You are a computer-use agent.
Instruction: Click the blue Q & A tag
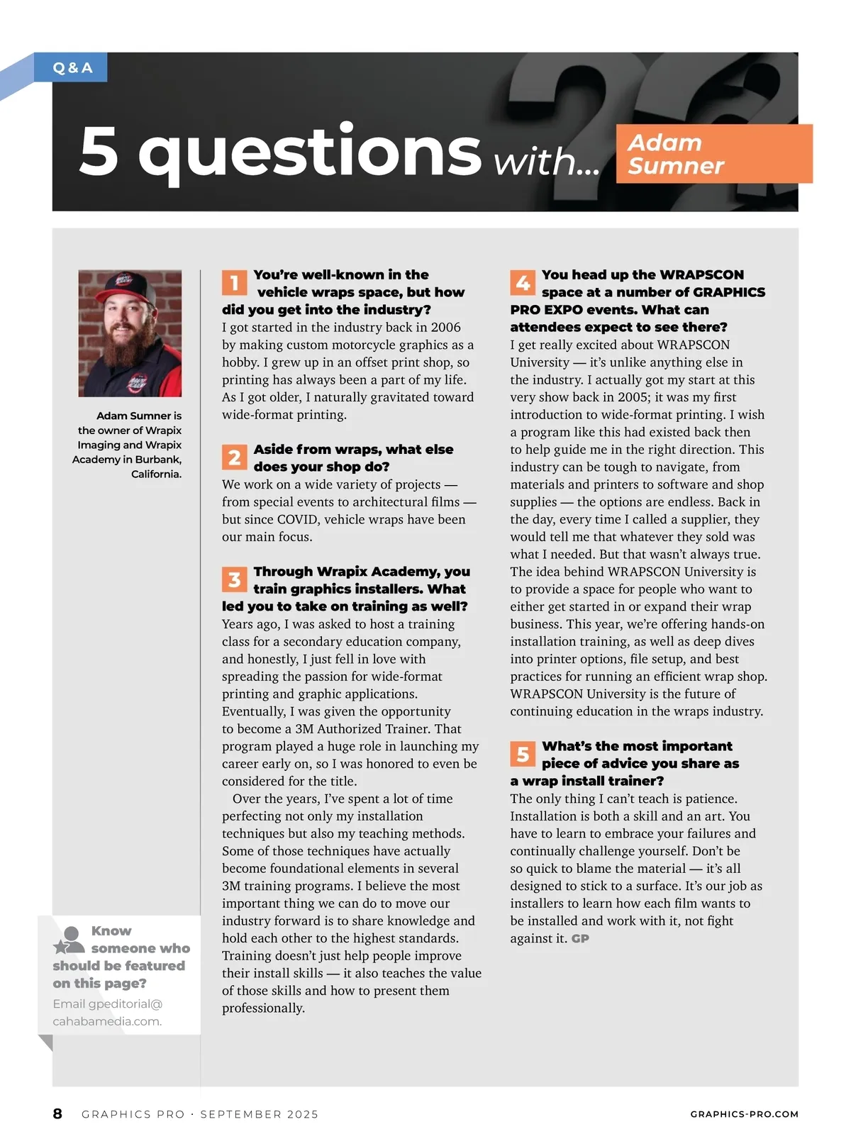coord(72,68)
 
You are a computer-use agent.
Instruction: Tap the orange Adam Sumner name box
coord(713,154)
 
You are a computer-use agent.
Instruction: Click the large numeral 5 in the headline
coord(99,151)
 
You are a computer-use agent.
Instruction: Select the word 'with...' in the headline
coord(546,162)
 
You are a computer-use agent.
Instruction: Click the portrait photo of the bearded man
coord(130,333)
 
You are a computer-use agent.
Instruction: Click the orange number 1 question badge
coord(234,283)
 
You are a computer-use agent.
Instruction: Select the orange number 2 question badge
coord(234,458)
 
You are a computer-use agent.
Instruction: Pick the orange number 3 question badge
coord(234,579)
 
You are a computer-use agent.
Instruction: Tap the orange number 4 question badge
coord(523,283)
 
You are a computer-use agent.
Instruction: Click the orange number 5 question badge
coord(523,754)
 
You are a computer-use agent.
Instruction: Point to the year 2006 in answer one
coord(445,328)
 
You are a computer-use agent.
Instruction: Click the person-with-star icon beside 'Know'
coord(69,940)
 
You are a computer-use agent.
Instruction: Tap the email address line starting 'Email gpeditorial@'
coord(108,1004)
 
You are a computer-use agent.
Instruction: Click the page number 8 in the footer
coord(57,1113)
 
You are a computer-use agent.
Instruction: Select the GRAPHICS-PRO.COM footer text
coord(744,1114)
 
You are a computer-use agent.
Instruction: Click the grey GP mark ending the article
coord(580,939)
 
